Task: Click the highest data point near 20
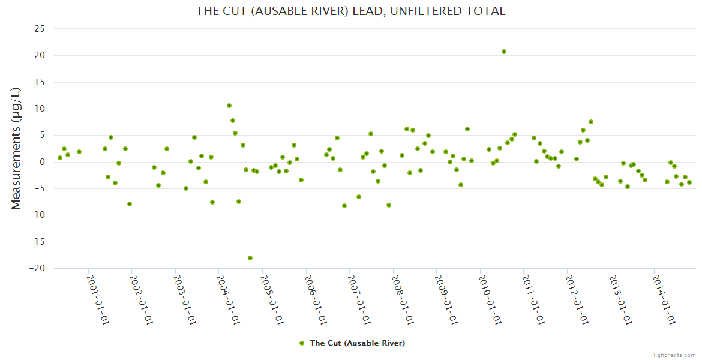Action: click(504, 52)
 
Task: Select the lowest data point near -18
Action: click(250, 258)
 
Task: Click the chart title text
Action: click(350, 11)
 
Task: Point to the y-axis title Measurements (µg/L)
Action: click(16, 148)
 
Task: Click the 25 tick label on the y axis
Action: click(40, 29)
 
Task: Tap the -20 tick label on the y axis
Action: click(37, 269)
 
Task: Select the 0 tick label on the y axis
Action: click(43, 162)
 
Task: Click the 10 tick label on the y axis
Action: click(40, 109)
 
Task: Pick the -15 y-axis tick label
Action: click(37, 242)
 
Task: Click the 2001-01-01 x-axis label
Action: click(97, 299)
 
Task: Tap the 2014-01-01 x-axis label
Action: click(663, 299)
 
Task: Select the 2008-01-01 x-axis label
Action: click(402, 299)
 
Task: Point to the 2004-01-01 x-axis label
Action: click(228, 299)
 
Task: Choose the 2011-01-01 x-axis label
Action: click(533, 299)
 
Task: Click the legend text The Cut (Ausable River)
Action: click(357, 343)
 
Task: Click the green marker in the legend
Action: click(302, 343)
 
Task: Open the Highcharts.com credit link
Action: click(673, 355)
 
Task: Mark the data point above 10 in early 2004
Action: click(229, 106)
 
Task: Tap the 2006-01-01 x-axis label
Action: click(315, 299)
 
